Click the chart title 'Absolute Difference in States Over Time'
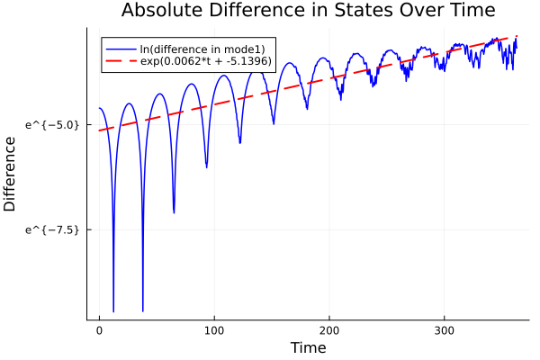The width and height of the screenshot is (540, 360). (308, 11)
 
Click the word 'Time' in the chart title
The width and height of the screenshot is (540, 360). (471, 11)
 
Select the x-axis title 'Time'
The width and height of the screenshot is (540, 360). (308, 347)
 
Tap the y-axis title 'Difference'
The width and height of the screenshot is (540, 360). (11, 174)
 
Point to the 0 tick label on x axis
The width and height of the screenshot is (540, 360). (99, 330)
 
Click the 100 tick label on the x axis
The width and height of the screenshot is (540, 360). (214, 330)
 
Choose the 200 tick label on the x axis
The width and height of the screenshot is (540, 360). (329, 330)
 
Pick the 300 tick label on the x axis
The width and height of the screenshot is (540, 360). (444, 330)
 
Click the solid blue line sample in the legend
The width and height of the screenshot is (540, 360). (121, 49)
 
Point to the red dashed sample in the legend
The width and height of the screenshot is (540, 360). (121, 60)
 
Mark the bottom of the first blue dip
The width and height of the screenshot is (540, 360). (113, 310)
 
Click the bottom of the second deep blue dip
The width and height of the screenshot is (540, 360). (142, 310)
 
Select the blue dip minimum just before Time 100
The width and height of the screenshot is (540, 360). (206, 167)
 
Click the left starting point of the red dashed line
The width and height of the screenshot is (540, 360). (99, 130)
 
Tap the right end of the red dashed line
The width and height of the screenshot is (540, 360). (517, 36)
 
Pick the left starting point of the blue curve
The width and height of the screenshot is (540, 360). (99, 108)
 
